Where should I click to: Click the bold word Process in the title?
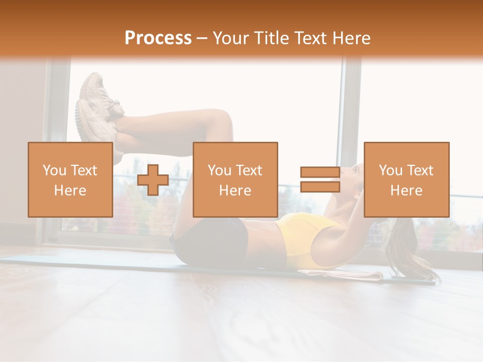coord(158,38)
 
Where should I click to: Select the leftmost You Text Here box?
coord(70,179)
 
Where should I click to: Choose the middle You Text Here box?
coord(235,179)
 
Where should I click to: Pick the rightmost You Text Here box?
coord(406,179)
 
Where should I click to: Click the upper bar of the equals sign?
coord(320,172)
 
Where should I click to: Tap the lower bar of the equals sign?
coord(320,187)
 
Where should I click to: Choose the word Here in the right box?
coord(406,191)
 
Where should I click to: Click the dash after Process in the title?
coord(202,38)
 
